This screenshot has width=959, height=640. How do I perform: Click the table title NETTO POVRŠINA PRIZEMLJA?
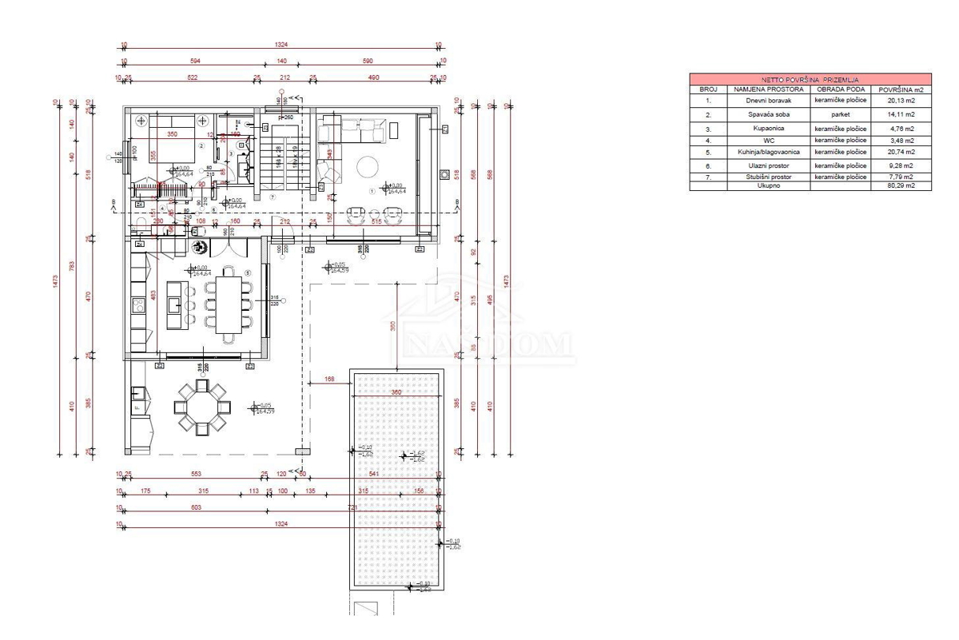point(802,80)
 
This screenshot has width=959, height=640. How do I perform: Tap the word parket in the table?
point(840,114)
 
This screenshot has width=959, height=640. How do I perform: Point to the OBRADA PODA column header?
point(840,89)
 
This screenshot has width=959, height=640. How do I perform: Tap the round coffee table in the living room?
point(368,167)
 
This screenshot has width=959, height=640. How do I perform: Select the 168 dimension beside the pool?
point(328,380)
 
